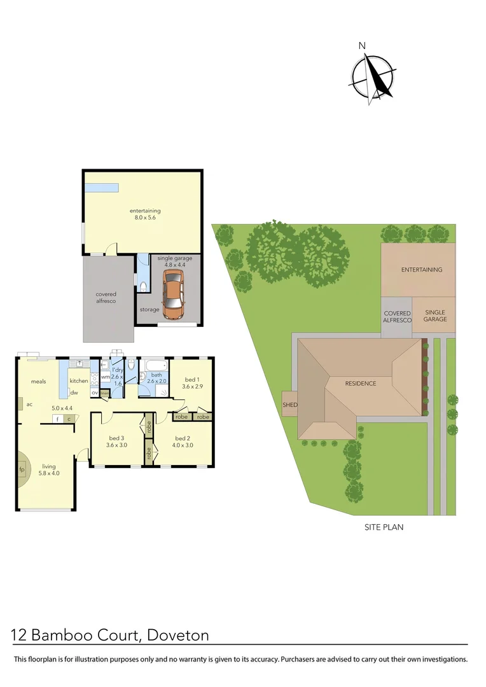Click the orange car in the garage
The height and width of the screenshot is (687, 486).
(x=172, y=294)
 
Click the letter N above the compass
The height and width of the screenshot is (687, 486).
(x=362, y=45)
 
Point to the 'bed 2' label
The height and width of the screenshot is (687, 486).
(x=182, y=438)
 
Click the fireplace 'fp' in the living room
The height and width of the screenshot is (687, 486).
(x=22, y=470)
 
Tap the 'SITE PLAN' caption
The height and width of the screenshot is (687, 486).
(x=384, y=527)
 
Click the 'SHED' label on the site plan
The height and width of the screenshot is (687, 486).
(x=289, y=405)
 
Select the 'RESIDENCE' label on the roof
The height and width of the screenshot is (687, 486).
(x=361, y=384)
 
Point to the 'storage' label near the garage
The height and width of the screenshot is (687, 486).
(x=149, y=310)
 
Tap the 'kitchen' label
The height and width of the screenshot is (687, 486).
(x=79, y=381)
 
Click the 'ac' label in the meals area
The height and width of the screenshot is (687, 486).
(x=29, y=403)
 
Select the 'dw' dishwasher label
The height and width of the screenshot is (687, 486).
(x=74, y=392)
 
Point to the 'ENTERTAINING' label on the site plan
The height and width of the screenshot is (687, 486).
(x=421, y=270)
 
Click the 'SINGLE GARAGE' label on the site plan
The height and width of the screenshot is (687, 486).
(x=435, y=316)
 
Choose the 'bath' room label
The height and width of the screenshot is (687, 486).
(x=156, y=375)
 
